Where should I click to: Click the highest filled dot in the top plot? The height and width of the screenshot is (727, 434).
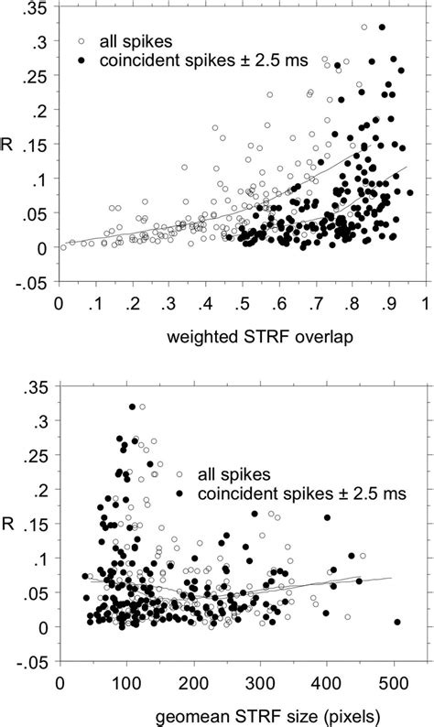[382, 27]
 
